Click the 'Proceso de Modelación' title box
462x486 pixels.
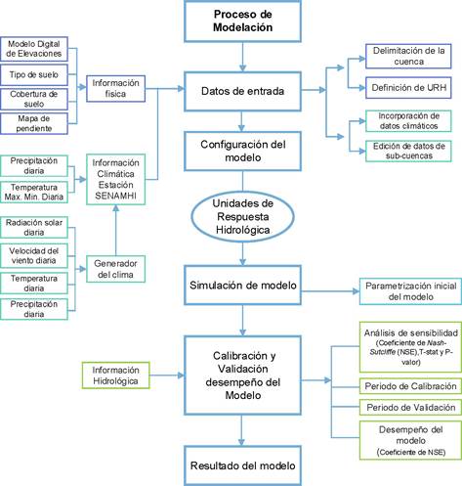coord(242,21)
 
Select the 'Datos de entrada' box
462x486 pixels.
coord(242,91)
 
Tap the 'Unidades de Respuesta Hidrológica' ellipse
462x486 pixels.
coord(242,217)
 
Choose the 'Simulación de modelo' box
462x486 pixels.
coord(242,286)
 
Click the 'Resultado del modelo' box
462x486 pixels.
coord(242,465)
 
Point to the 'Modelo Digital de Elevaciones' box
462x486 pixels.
coord(34,49)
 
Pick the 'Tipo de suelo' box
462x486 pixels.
coord(34,74)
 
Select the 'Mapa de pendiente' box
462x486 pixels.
coord(34,123)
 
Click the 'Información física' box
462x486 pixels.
coord(115,88)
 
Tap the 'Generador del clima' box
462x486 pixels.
coord(115,269)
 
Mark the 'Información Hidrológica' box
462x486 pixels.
coord(115,376)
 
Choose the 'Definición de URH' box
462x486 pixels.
coord(408,88)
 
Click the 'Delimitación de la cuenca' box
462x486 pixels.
coord(408,56)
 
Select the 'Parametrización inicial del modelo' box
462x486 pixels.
coord(410,291)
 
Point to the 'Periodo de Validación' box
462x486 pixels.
coord(410,408)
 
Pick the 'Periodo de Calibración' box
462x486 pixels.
coord(410,386)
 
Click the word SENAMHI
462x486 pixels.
coord(115,196)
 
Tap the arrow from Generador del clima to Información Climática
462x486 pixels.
coord(115,230)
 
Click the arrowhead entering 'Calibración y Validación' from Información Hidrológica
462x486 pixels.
coord(181,376)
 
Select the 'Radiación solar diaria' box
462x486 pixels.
coord(34,227)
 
